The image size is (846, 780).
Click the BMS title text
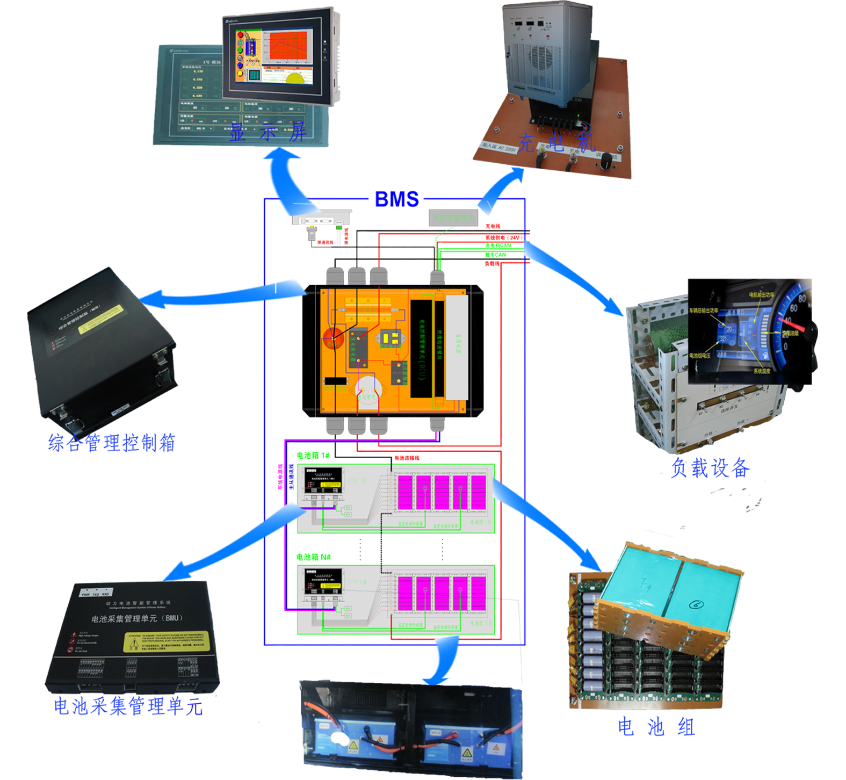397,199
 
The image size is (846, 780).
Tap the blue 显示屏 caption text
267,132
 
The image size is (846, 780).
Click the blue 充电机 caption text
556,143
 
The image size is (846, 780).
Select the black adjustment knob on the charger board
608,159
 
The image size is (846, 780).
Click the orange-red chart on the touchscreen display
288,46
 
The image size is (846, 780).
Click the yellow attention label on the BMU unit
167,642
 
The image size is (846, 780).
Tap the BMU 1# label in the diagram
356,481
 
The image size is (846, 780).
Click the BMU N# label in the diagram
356,582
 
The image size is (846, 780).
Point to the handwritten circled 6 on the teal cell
697,604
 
